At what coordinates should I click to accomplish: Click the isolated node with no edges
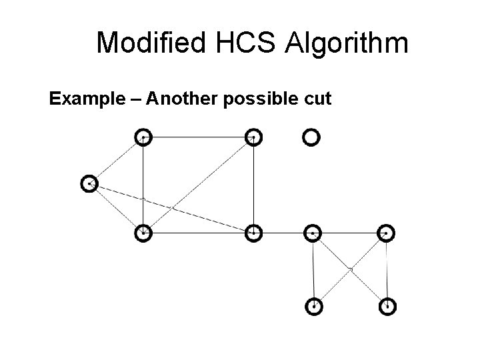[x=311, y=137]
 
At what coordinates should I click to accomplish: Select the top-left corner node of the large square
[x=143, y=137]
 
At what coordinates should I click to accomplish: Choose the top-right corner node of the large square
[x=253, y=137]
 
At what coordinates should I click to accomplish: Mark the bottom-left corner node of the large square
[x=143, y=233]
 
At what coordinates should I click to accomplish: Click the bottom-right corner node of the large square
[x=253, y=233]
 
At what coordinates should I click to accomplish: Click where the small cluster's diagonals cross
[x=350, y=269]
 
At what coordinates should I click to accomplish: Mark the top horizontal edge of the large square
[x=198, y=137]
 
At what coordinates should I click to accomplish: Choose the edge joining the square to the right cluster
[x=283, y=233]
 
